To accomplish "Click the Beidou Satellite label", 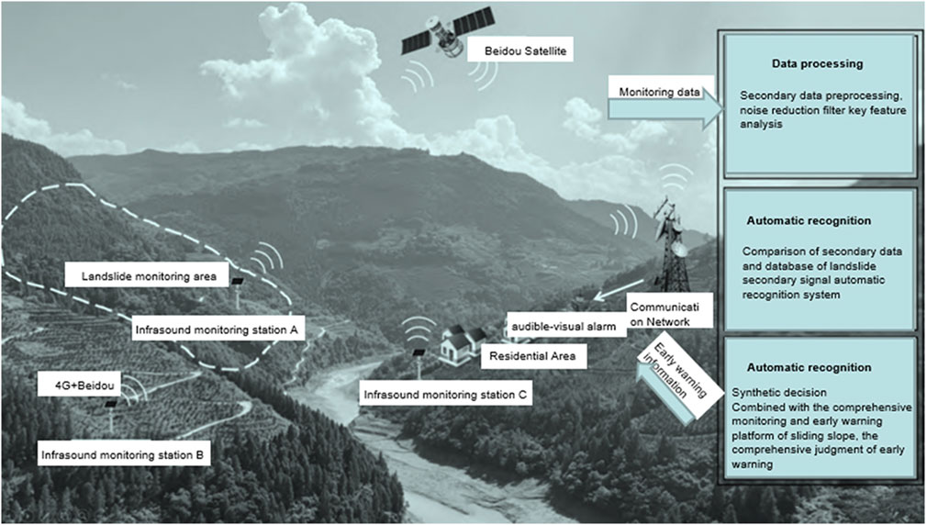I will tap(520, 50).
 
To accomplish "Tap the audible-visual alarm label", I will tap(564, 327).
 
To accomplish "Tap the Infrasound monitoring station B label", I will tap(125, 453).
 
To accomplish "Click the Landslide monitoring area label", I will tap(147, 275).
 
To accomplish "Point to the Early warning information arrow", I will tap(668, 382).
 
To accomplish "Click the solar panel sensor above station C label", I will tap(418, 354).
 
